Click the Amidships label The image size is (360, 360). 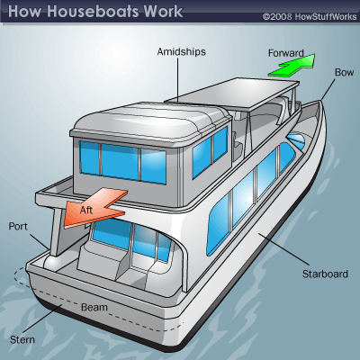pyautogui.click(x=182, y=51)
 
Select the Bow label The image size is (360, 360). pyautogui.click(x=344, y=72)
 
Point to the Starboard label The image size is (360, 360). pyautogui.click(x=325, y=274)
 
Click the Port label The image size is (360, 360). pyautogui.click(x=18, y=226)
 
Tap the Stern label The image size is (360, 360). pyautogui.click(x=22, y=340)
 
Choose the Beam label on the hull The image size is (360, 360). pyautogui.click(x=94, y=307)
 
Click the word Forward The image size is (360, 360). pyautogui.click(x=286, y=53)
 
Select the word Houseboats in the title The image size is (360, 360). pyautogui.click(x=94, y=12)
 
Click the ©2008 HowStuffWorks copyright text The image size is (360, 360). pyautogui.click(x=310, y=16)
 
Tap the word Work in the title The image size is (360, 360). pyautogui.click(x=163, y=12)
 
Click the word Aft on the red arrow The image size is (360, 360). pyautogui.click(x=86, y=210)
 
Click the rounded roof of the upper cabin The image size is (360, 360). pyautogui.click(x=150, y=119)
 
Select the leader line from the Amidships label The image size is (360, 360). pyautogui.click(x=178, y=80)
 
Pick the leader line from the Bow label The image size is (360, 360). pyautogui.click(x=328, y=89)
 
